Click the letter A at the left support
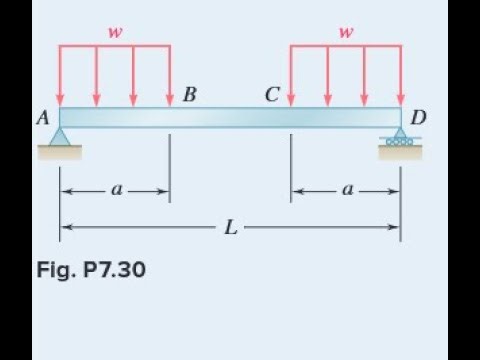tap(43, 116)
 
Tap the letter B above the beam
tap(188, 96)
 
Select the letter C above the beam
tap(272, 96)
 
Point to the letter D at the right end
tap(417, 117)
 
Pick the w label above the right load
tap(346, 32)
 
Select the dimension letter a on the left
tap(116, 187)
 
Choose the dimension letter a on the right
tap(346, 187)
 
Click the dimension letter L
tap(231, 227)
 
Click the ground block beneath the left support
tap(60, 153)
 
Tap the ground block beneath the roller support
tap(400, 153)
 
